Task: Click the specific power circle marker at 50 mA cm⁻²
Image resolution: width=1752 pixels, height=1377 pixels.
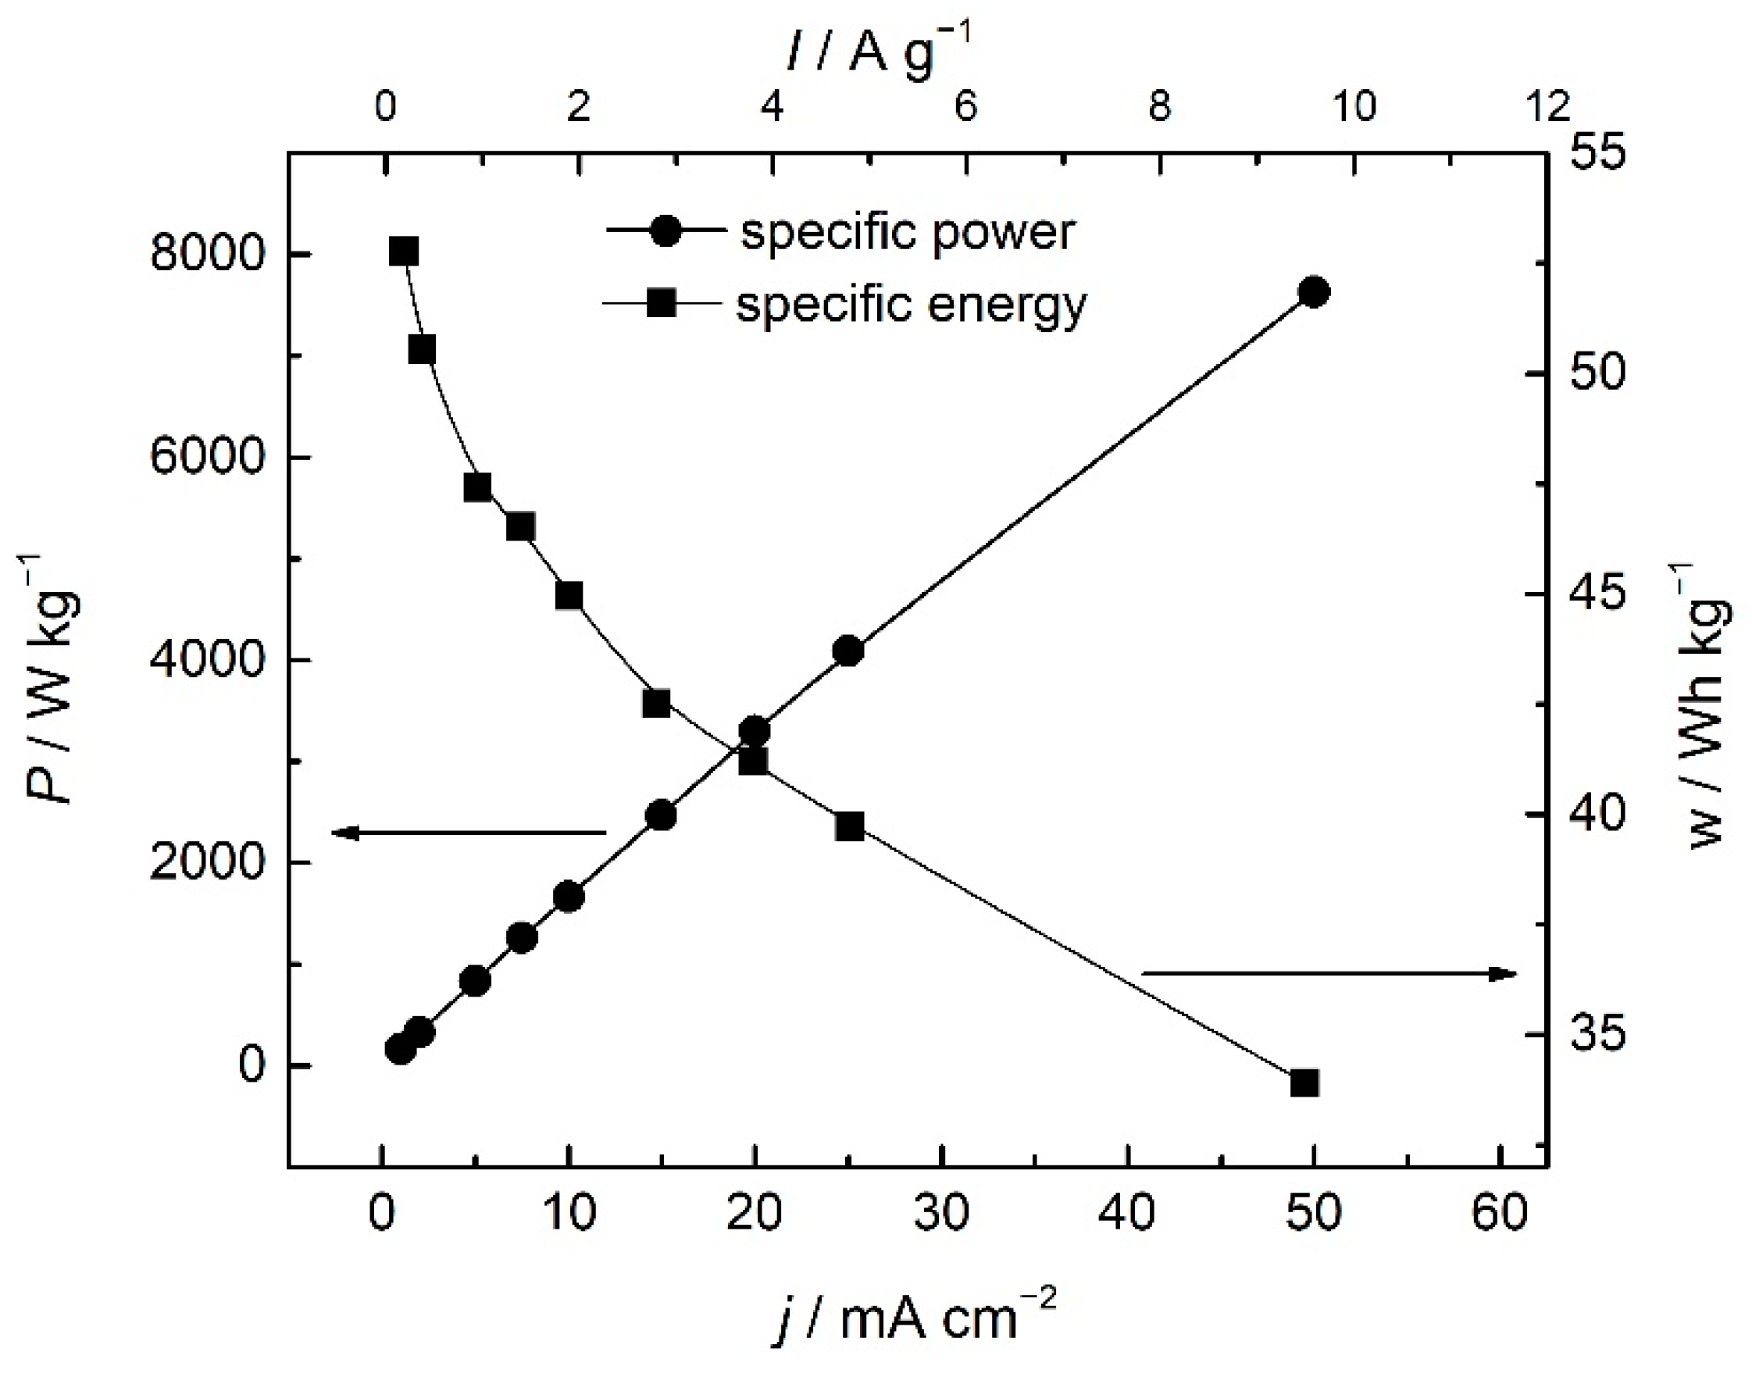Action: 1315,292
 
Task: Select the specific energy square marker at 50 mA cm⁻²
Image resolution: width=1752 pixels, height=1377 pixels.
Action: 1304,1083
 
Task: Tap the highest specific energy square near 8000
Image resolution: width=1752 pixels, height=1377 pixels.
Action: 404,251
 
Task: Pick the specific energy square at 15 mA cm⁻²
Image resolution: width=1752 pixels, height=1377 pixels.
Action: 656,703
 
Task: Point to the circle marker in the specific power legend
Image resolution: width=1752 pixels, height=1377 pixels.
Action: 665,231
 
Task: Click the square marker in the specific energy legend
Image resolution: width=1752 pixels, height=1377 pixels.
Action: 662,304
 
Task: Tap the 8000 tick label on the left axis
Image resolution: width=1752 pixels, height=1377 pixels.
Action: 207,254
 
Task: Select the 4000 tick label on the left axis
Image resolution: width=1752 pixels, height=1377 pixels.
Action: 207,660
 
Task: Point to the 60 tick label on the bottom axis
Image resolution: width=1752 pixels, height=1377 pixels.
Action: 1500,1211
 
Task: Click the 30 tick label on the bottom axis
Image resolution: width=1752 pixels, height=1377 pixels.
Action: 941,1211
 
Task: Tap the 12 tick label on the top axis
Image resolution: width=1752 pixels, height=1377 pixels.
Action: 1547,105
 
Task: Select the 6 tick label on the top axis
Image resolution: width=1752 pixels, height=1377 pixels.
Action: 965,105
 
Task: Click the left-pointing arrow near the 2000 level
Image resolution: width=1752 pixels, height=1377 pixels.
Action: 468,832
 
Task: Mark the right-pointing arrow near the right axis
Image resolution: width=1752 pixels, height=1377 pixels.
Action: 1330,973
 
